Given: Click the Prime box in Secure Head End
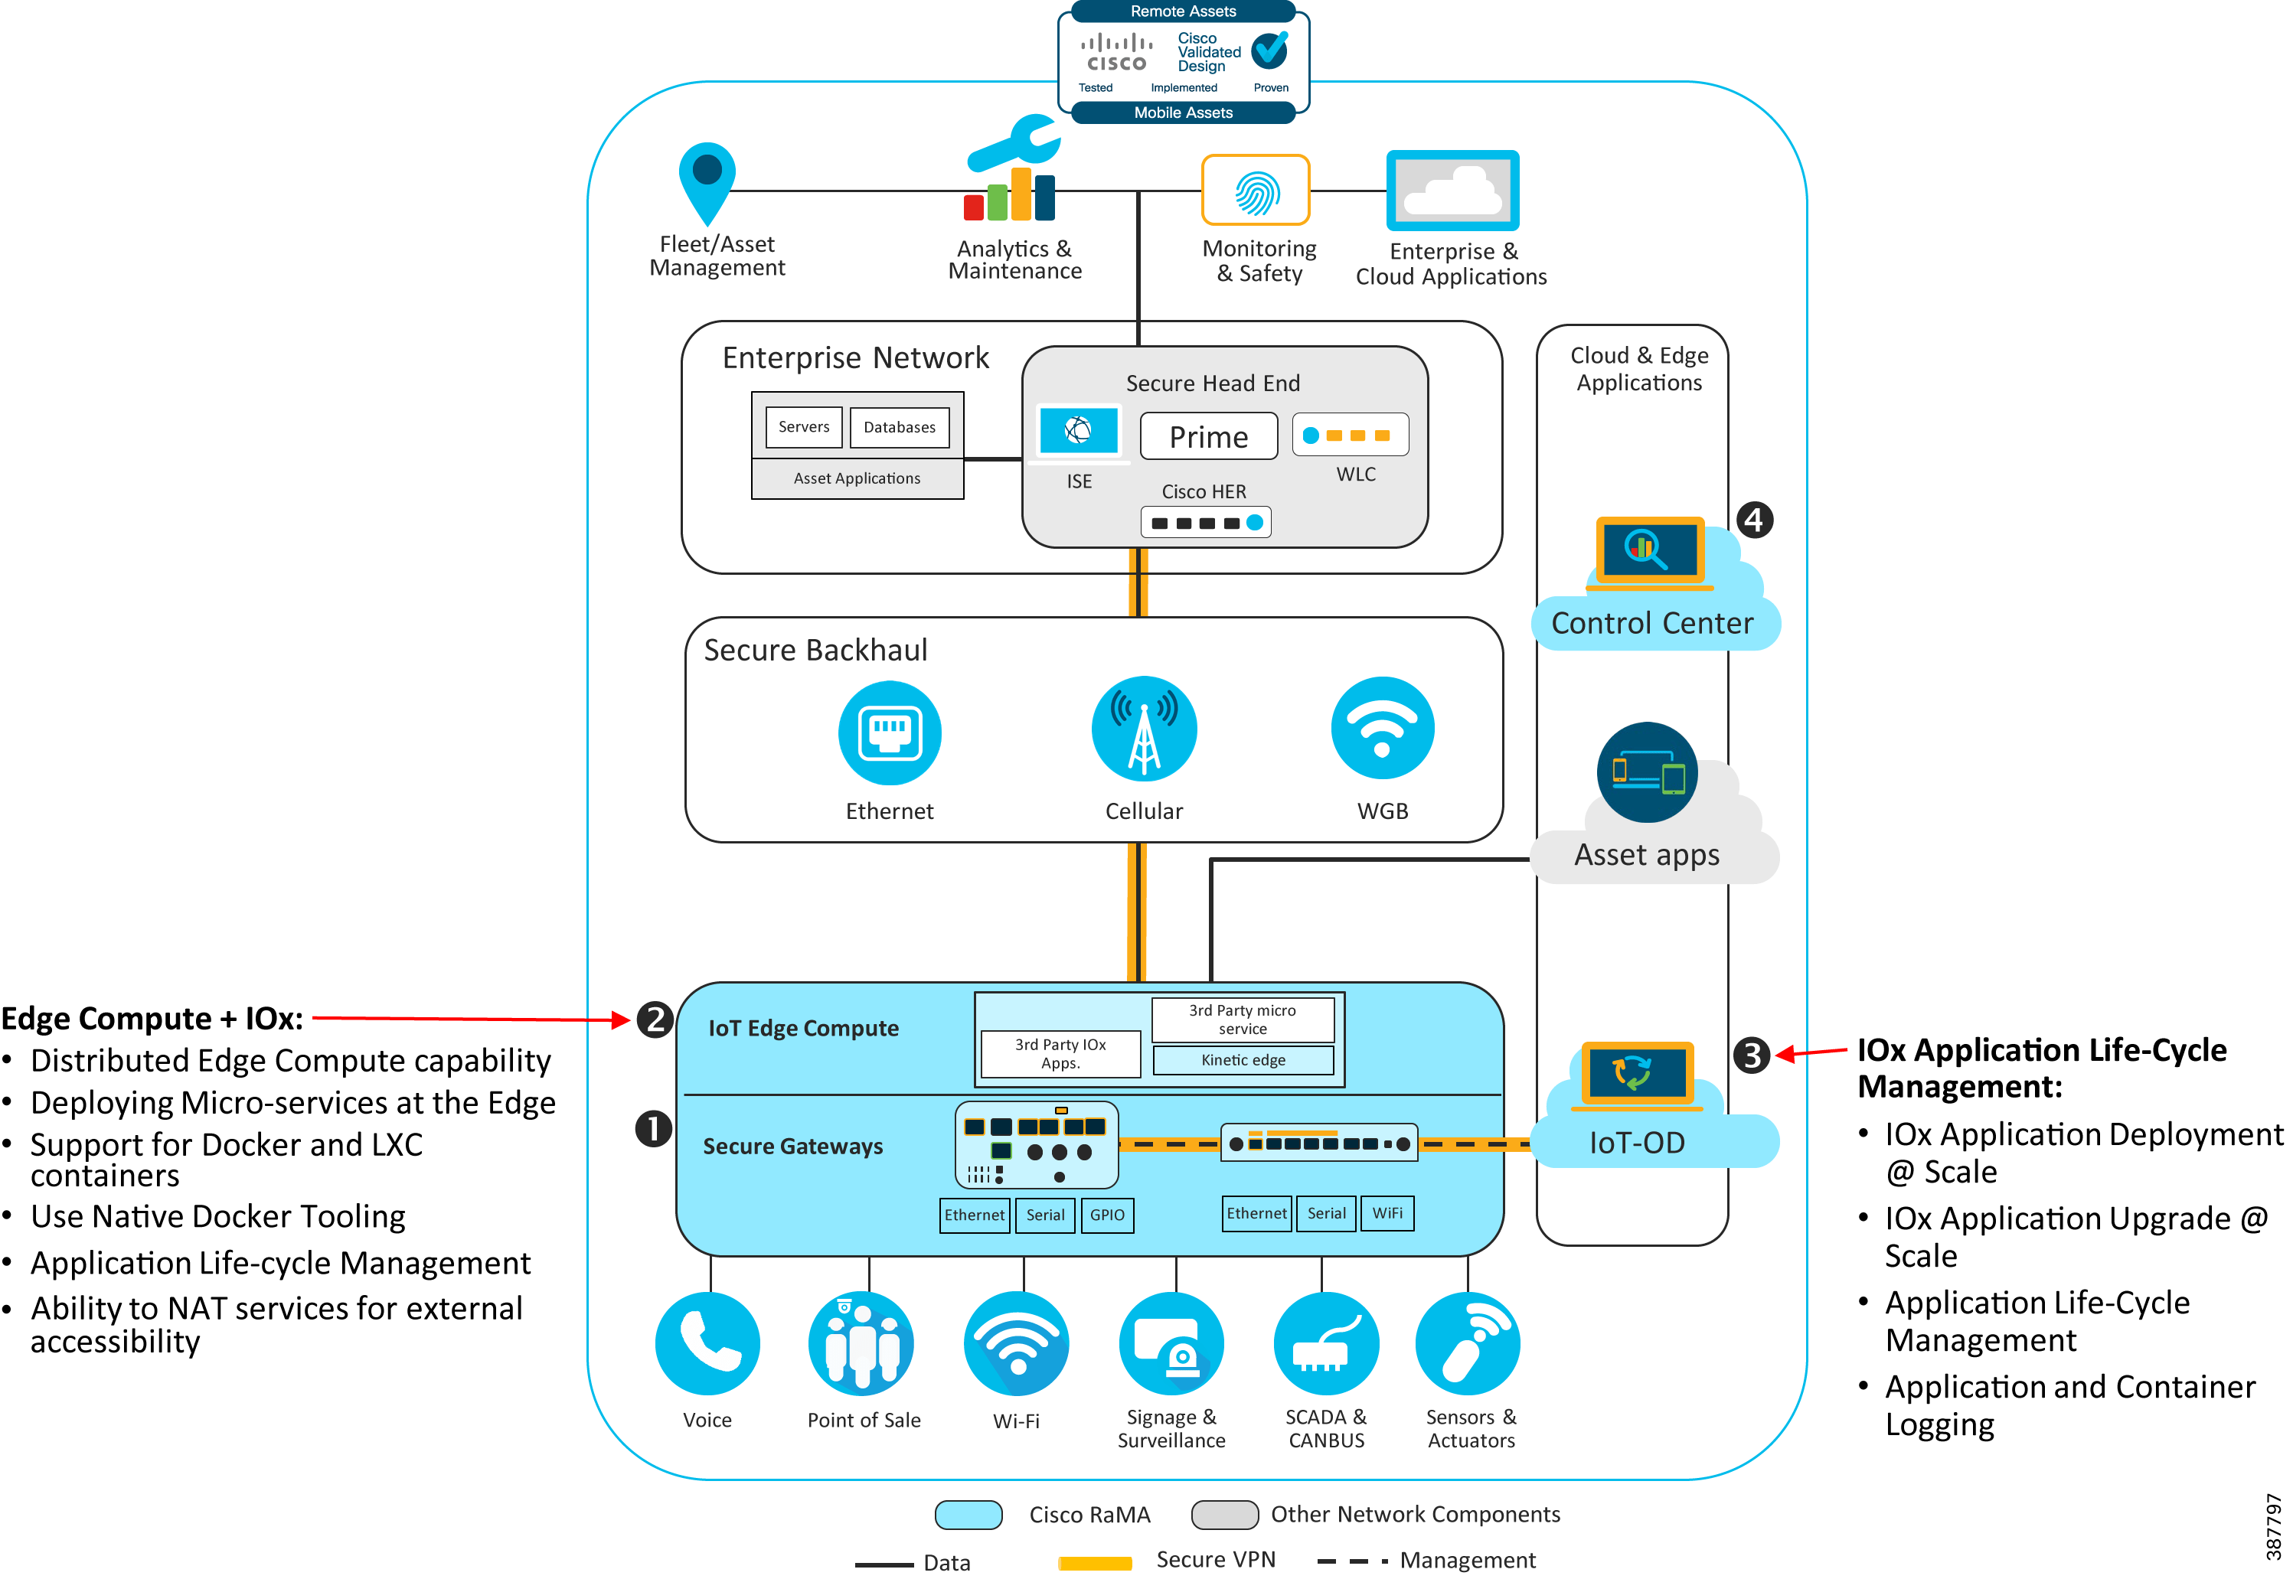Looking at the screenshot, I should click(1208, 436).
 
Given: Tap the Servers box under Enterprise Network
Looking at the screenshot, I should click(804, 426).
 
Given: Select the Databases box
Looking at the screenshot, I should click(899, 427).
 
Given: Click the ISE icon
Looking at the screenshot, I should click(1078, 430).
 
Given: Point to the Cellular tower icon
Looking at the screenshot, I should click(1144, 729).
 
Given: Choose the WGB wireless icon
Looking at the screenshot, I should click(1381, 729).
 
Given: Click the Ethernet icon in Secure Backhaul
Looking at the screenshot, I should click(889, 732).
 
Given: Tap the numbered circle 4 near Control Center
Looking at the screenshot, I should click(1755, 520).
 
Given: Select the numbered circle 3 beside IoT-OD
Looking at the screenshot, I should click(1751, 1055).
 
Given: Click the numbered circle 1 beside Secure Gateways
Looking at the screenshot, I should click(653, 1128).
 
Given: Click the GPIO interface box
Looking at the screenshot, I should click(1107, 1215).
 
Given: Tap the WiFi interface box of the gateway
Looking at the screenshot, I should click(1387, 1213).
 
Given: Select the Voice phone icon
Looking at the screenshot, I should click(707, 1342).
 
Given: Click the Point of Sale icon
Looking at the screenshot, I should click(861, 1342).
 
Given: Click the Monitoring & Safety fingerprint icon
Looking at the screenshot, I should click(1256, 190).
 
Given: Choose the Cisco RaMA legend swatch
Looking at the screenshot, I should click(968, 1515).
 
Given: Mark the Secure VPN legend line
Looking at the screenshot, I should click(1095, 1563).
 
